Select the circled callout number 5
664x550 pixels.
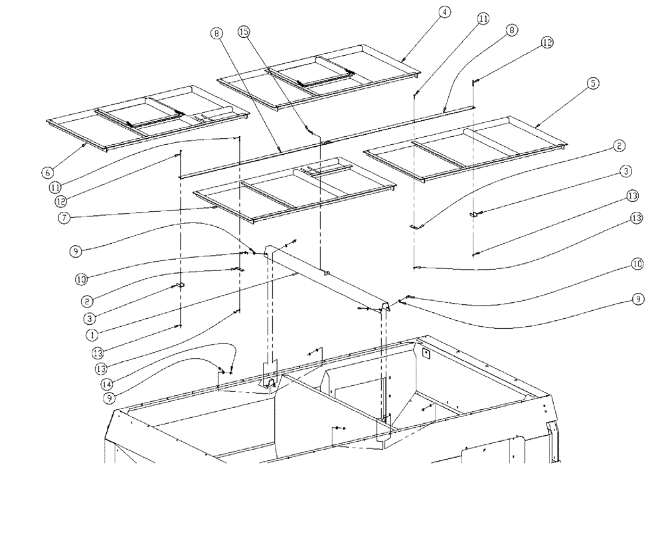point(593,83)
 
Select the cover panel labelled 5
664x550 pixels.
point(465,149)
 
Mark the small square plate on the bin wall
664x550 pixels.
point(426,354)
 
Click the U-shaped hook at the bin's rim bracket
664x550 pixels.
point(272,382)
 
